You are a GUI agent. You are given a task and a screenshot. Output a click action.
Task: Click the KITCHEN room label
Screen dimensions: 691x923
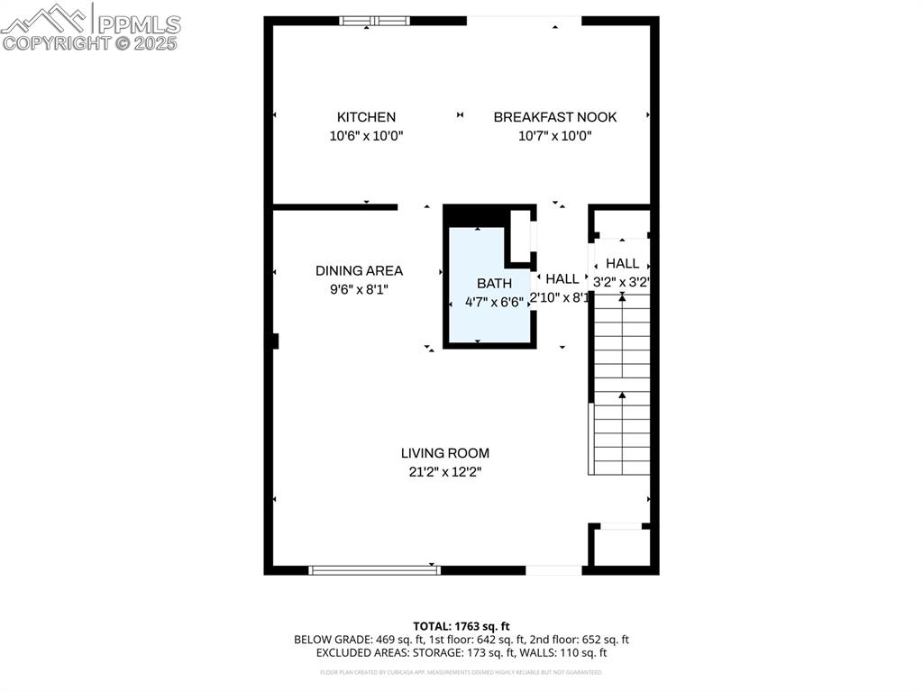pyautogui.click(x=366, y=117)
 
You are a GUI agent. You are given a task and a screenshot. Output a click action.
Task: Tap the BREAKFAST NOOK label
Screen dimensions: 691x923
pyautogui.click(x=554, y=117)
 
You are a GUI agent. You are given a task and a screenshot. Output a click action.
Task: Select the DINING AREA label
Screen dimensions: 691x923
pyautogui.click(x=359, y=270)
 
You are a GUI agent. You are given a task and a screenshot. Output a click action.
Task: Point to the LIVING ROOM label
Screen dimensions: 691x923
pyautogui.click(x=445, y=453)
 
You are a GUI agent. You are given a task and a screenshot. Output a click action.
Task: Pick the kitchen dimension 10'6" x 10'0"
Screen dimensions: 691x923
pyautogui.click(x=366, y=136)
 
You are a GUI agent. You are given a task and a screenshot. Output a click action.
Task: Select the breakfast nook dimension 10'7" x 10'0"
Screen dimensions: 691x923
pyautogui.click(x=554, y=136)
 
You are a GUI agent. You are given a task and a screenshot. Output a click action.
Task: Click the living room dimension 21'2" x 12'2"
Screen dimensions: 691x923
pyautogui.click(x=445, y=472)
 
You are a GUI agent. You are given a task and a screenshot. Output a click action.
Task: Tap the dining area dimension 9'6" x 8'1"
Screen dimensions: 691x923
pyautogui.click(x=359, y=290)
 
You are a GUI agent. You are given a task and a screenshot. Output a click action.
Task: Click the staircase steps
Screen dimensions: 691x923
pyautogui.click(x=621, y=387)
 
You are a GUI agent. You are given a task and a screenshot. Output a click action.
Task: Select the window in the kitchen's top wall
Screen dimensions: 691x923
pyautogui.click(x=374, y=21)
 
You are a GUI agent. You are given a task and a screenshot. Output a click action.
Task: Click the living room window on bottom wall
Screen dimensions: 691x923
pyautogui.click(x=374, y=569)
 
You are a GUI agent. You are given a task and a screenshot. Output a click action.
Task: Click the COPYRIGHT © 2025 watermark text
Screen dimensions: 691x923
pyautogui.click(x=90, y=42)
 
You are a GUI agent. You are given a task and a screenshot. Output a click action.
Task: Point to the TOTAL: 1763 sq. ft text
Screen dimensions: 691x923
pyautogui.click(x=461, y=626)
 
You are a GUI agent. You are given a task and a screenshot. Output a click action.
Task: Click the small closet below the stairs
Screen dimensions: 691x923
pyautogui.click(x=619, y=547)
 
